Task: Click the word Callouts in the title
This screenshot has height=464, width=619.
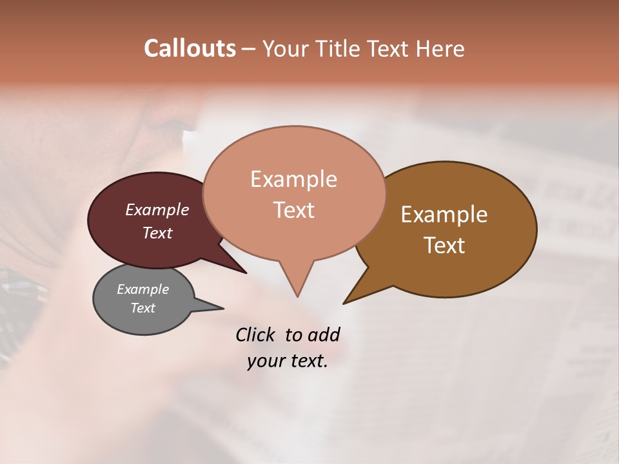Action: pyautogui.click(x=190, y=48)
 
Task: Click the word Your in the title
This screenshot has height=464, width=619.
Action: pyautogui.click(x=285, y=48)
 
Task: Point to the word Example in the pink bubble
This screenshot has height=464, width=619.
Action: pyautogui.click(x=293, y=179)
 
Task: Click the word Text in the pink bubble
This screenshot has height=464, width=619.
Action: pyautogui.click(x=293, y=209)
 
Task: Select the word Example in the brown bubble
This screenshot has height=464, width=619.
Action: pyautogui.click(x=444, y=215)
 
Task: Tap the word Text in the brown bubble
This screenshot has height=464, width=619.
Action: pyautogui.click(x=444, y=245)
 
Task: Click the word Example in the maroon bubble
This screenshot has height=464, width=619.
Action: pyautogui.click(x=157, y=209)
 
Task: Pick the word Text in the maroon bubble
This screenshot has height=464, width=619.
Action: pyautogui.click(x=157, y=233)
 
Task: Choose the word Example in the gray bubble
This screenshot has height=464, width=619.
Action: pyautogui.click(x=142, y=289)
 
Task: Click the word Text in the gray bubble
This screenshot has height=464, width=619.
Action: pyautogui.click(x=142, y=308)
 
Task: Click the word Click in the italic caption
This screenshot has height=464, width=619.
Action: pyautogui.click(x=256, y=334)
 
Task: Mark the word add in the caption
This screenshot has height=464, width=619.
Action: pyautogui.click(x=323, y=334)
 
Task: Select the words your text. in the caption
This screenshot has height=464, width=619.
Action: pyautogui.click(x=288, y=361)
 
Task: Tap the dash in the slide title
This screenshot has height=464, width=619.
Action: pyautogui.click(x=249, y=49)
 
